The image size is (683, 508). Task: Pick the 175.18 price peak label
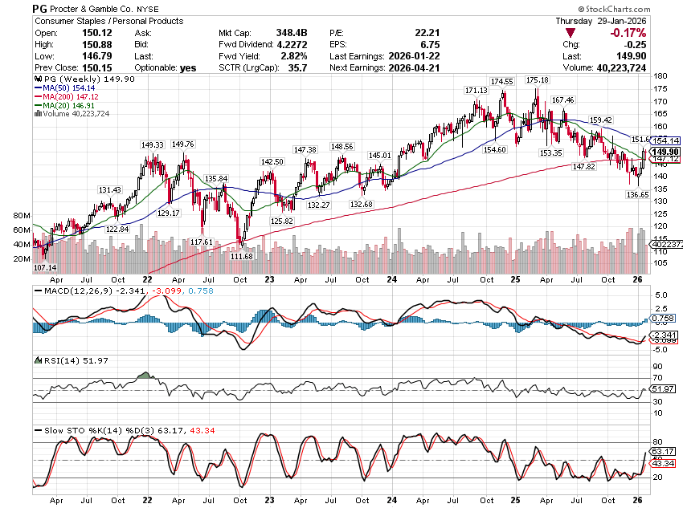click(537, 80)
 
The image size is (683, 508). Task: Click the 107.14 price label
click(46, 266)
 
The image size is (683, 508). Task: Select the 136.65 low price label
click(637, 194)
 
